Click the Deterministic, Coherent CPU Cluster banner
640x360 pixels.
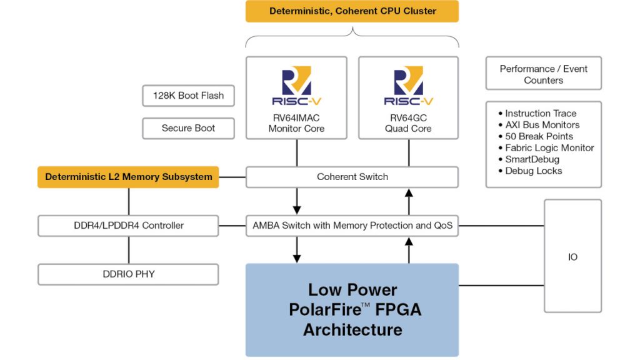click(352, 11)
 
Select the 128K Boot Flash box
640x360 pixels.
click(188, 96)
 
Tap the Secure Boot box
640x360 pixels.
click(188, 128)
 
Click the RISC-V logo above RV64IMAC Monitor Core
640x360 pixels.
click(296, 87)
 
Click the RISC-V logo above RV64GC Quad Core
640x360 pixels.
click(409, 87)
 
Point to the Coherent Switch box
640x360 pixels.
click(352, 177)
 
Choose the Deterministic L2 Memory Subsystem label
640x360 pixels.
click(128, 177)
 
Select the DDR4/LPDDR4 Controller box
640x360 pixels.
click(128, 225)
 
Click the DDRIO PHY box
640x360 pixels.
click(128, 274)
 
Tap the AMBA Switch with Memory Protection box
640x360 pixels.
click(352, 225)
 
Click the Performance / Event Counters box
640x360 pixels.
click(543, 74)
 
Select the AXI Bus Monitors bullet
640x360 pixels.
click(542, 125)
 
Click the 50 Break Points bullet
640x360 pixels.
click(539, 136)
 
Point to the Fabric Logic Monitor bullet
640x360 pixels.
click(549, 148)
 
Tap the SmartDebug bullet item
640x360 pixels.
click(532, 159)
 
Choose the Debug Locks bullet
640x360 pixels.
click(533, 171)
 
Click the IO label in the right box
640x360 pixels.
click(572, 257)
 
